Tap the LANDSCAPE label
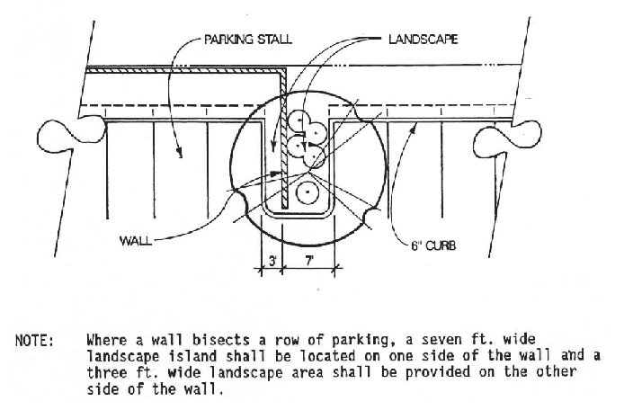click(423, 40)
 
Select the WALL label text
click(136, 241)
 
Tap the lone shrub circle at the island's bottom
click(308, 192)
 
